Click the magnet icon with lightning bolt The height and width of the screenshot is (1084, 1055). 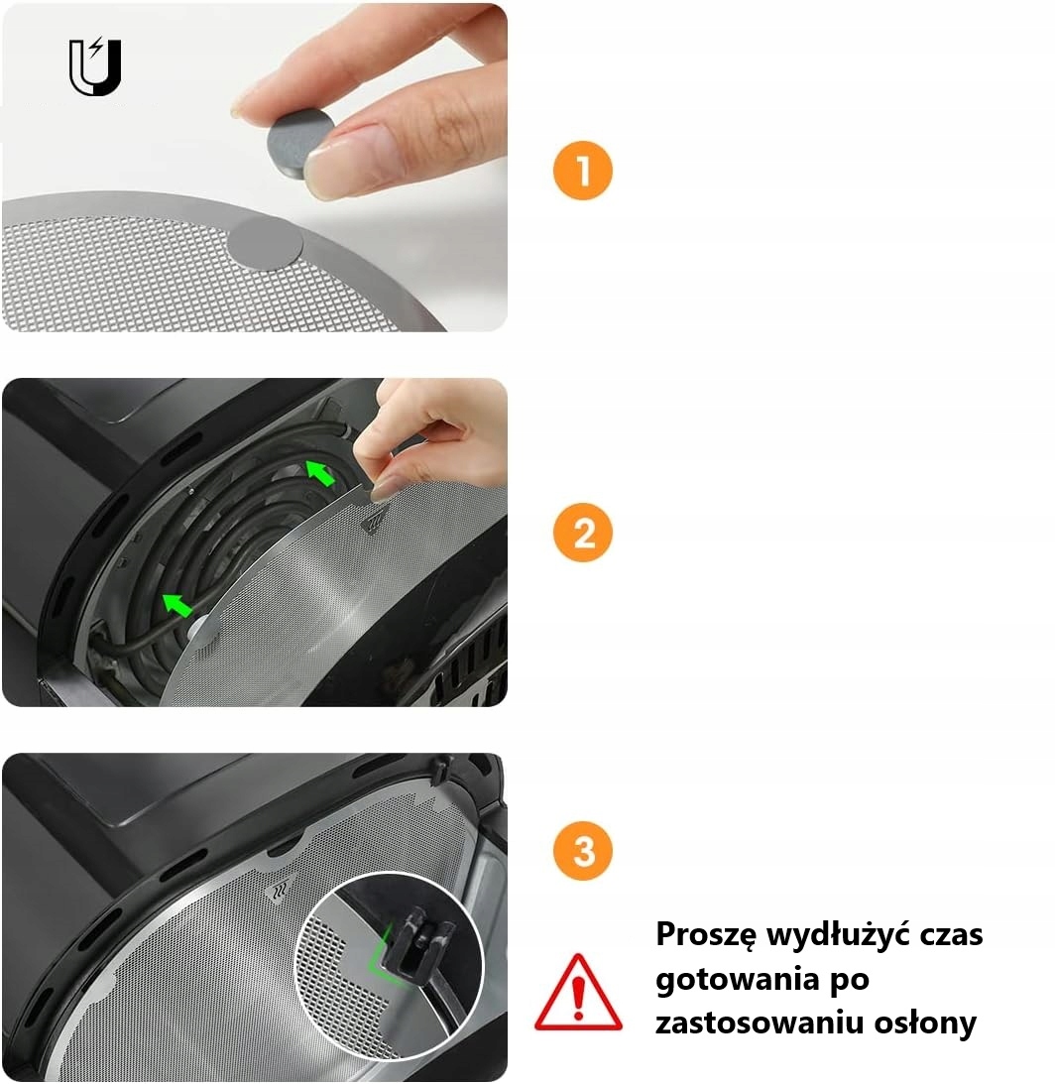(95, 66)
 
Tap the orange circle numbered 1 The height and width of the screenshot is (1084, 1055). (583, 171)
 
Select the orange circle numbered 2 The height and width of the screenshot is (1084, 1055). (583, 533)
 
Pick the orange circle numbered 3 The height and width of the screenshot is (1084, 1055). (583, 850)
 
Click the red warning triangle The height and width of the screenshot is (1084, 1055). (579, 993)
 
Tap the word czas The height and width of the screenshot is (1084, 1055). (951, 935)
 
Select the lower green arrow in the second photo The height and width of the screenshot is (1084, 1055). (176, 604)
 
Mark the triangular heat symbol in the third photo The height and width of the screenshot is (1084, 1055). (280, 888)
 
